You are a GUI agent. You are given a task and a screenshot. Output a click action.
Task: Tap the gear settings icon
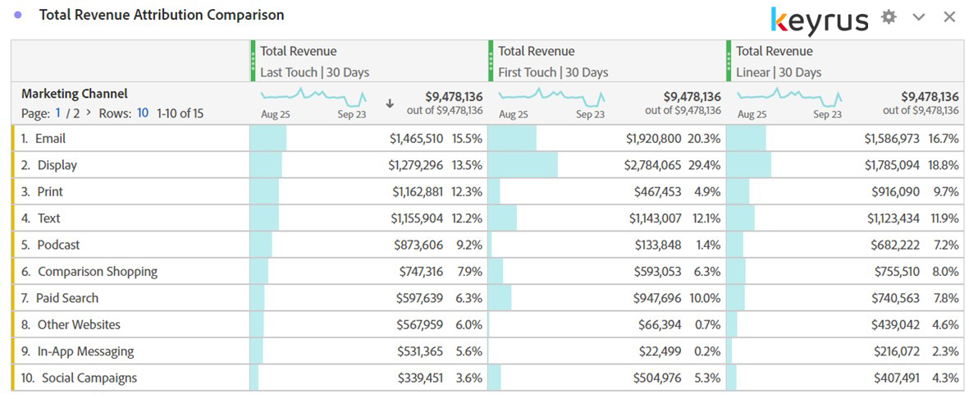point(889,17)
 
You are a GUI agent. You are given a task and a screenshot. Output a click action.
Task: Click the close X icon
point(949,17)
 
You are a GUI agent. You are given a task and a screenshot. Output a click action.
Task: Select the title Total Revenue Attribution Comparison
point(162,15)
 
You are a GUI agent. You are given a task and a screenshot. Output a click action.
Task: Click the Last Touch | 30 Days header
point(314,72)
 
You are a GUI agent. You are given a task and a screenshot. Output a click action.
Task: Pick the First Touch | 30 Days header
point(553,72)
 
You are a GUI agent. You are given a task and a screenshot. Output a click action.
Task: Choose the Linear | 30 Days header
point(778,72)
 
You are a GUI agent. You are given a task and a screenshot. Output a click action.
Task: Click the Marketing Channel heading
point(75,94)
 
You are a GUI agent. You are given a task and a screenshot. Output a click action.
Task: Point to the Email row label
point(50,139)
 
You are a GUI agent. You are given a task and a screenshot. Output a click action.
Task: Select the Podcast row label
point(58,245)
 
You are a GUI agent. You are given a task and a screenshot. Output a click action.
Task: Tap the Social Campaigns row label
point(89,378)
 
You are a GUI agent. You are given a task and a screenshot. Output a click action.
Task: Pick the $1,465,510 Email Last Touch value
point(416,139)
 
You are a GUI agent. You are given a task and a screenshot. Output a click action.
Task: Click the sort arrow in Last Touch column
point(390,104)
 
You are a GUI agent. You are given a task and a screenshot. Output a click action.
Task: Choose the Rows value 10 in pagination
point(143,113)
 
